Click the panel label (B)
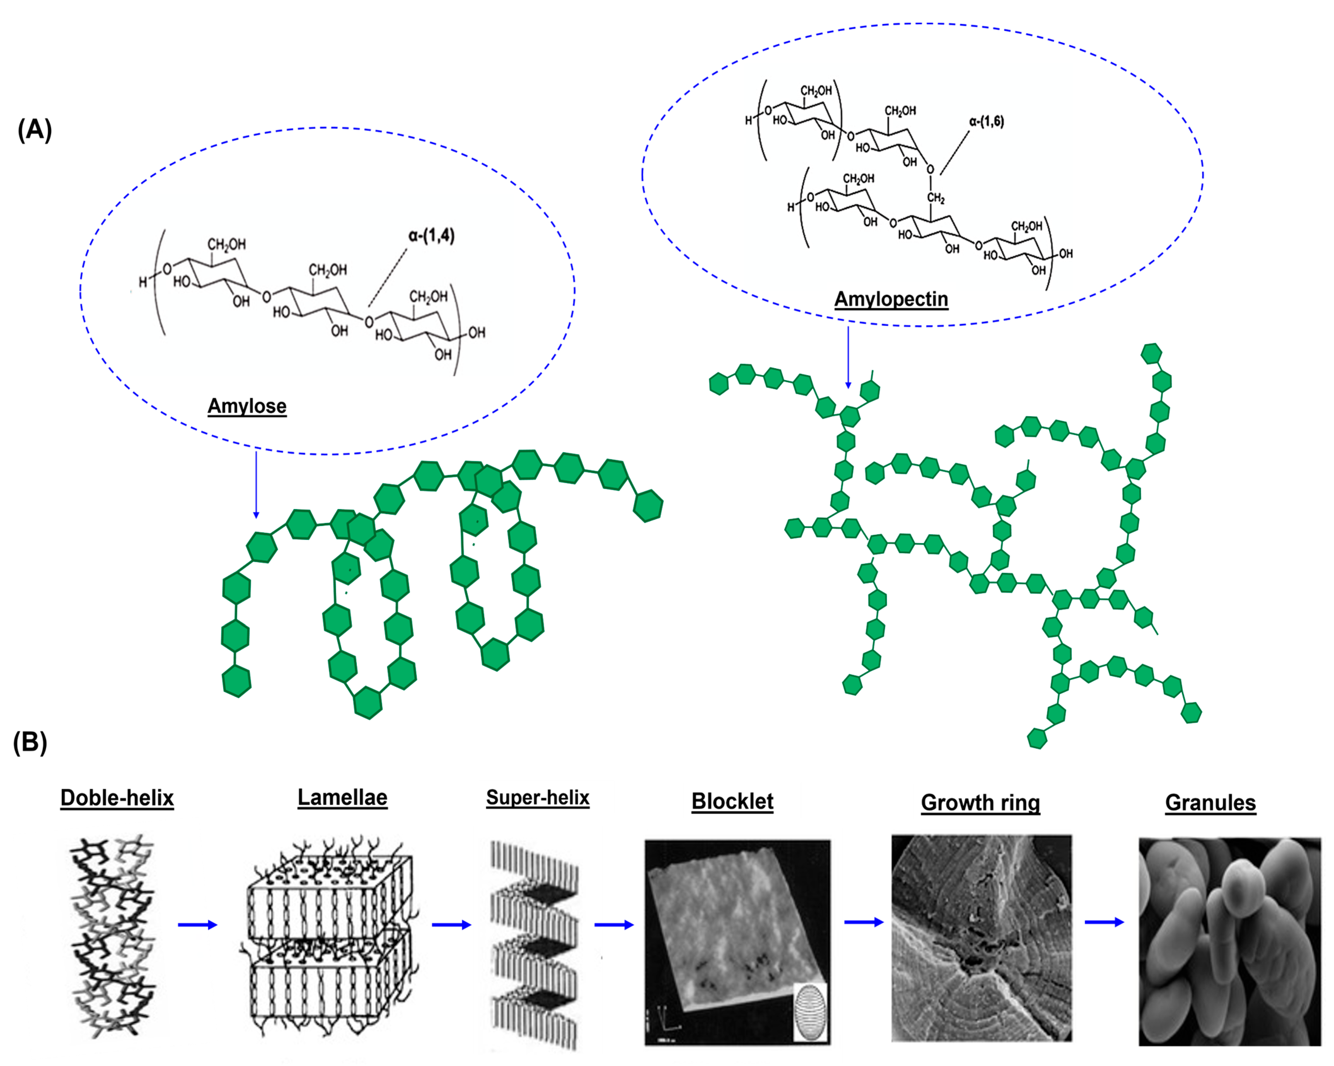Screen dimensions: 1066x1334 [30, 742]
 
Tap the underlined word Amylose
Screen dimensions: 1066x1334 [247, 407]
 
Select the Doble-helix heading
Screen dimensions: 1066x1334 [117, 798]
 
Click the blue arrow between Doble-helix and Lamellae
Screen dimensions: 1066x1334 [197, 925]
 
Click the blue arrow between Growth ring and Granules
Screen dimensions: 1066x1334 [1104, 923]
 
